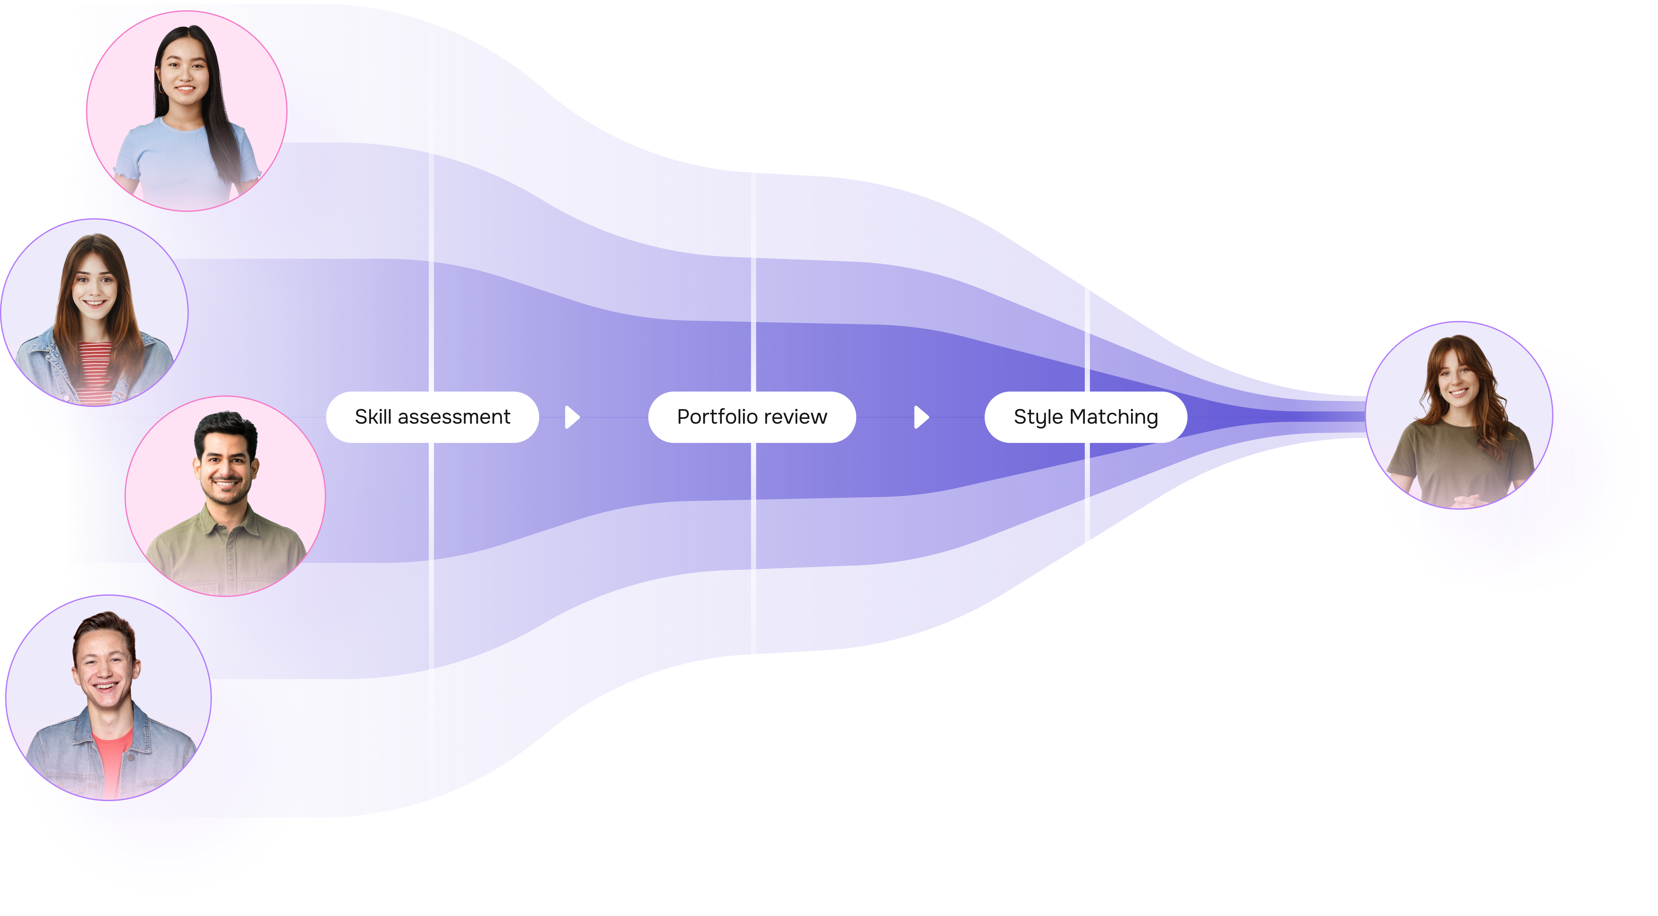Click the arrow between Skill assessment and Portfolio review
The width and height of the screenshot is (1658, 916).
point(572,417)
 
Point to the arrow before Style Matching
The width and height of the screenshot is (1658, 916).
point(921,417)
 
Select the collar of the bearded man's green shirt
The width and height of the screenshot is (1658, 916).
point(225,518)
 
